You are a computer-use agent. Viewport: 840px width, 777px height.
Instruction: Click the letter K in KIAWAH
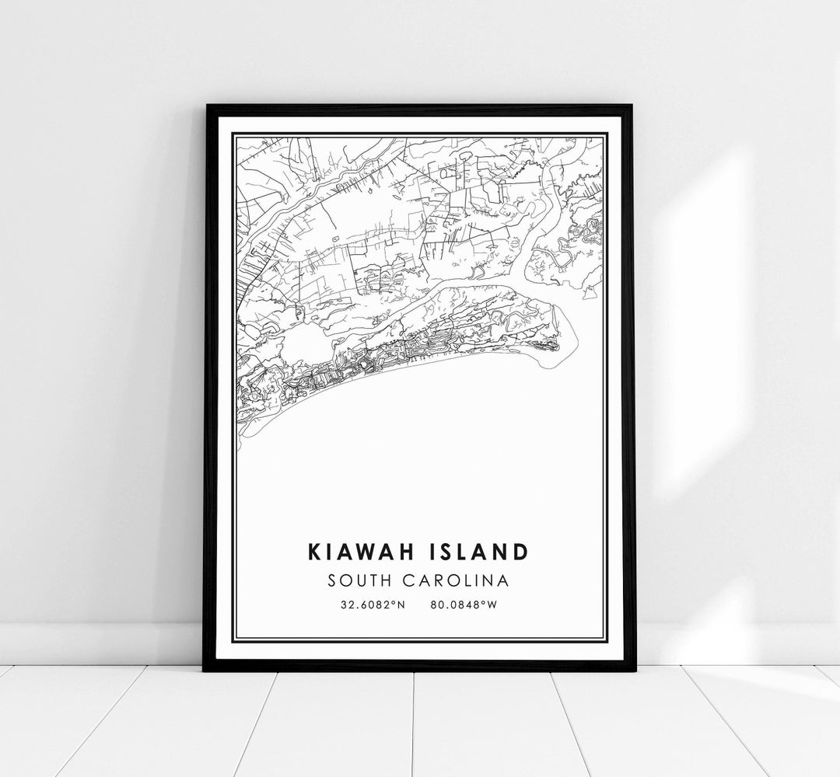[x=315, y=552]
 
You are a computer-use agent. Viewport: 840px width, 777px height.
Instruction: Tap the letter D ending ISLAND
[x=520, y=552]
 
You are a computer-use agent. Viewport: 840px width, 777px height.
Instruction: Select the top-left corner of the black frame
[x=206, y=106]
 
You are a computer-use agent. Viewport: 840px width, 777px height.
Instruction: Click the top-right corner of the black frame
[x=634, y=106]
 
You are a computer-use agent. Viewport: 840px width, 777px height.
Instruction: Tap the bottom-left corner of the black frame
[x=205, y=670]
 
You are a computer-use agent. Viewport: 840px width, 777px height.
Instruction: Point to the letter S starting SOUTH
[x=334, y=580]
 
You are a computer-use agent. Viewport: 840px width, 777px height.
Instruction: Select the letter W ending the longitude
[x=492, y=604]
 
